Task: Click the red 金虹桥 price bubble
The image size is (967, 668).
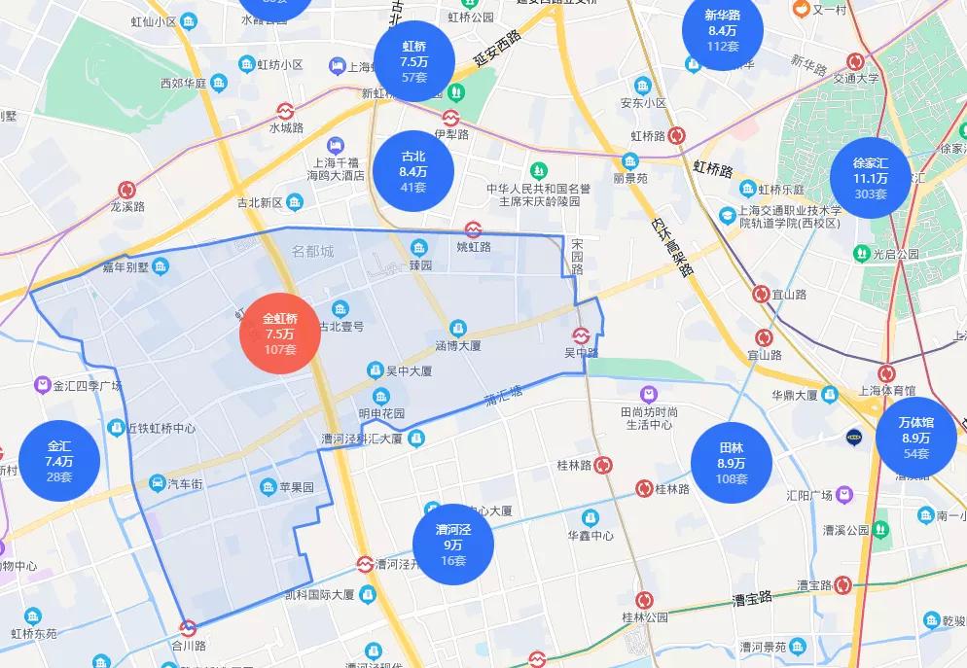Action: pyautogui.click(x=280, y=333)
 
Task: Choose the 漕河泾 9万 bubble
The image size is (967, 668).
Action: pyautogui.click(x=452, y=545)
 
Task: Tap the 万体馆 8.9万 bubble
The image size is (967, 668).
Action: pyautogui.click(x=915, y=438)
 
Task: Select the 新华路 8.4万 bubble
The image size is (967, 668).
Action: pyautogui.click(x=723, y=30)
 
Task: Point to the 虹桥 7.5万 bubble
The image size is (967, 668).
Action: pyautogui.click(x=414, y=61)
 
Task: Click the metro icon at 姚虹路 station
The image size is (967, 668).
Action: pyautogui.click(x=473, y=229)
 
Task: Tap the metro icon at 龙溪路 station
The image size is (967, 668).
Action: pyautogui.click(x=127, y=190)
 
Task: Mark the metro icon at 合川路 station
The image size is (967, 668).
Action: pyautogui.click(x=189, y=628)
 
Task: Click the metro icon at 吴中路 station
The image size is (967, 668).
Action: pyautogui.click(x=581, y=335)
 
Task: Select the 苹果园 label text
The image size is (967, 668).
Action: pyautogui.click(x=297, y=487)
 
